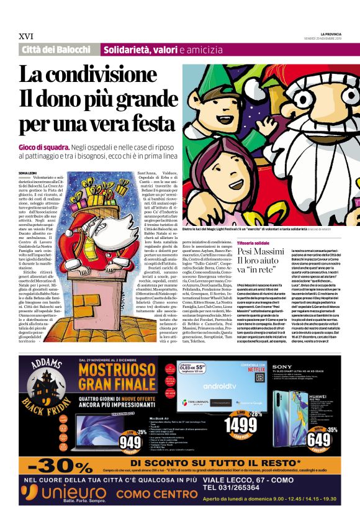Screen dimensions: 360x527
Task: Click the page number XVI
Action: click(25, 37)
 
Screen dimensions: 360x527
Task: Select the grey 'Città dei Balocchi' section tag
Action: click(56, 50)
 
